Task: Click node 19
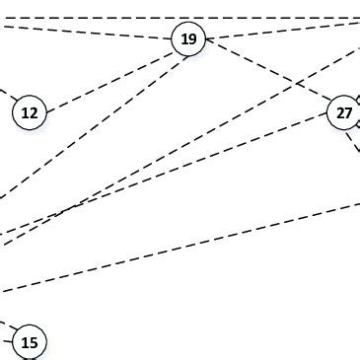(x=188, y=39)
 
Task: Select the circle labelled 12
(x=30, y=113)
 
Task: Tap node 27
(x=343, y=113)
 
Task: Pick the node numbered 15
(x=30, y=342)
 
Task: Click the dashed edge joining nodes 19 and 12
(x=108, y=77)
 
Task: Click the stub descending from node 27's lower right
(x=353, y=141)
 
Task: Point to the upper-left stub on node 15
(x=7, y=324)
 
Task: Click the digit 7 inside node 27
(x=348, y=113)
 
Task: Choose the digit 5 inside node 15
(x=35, y=342)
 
